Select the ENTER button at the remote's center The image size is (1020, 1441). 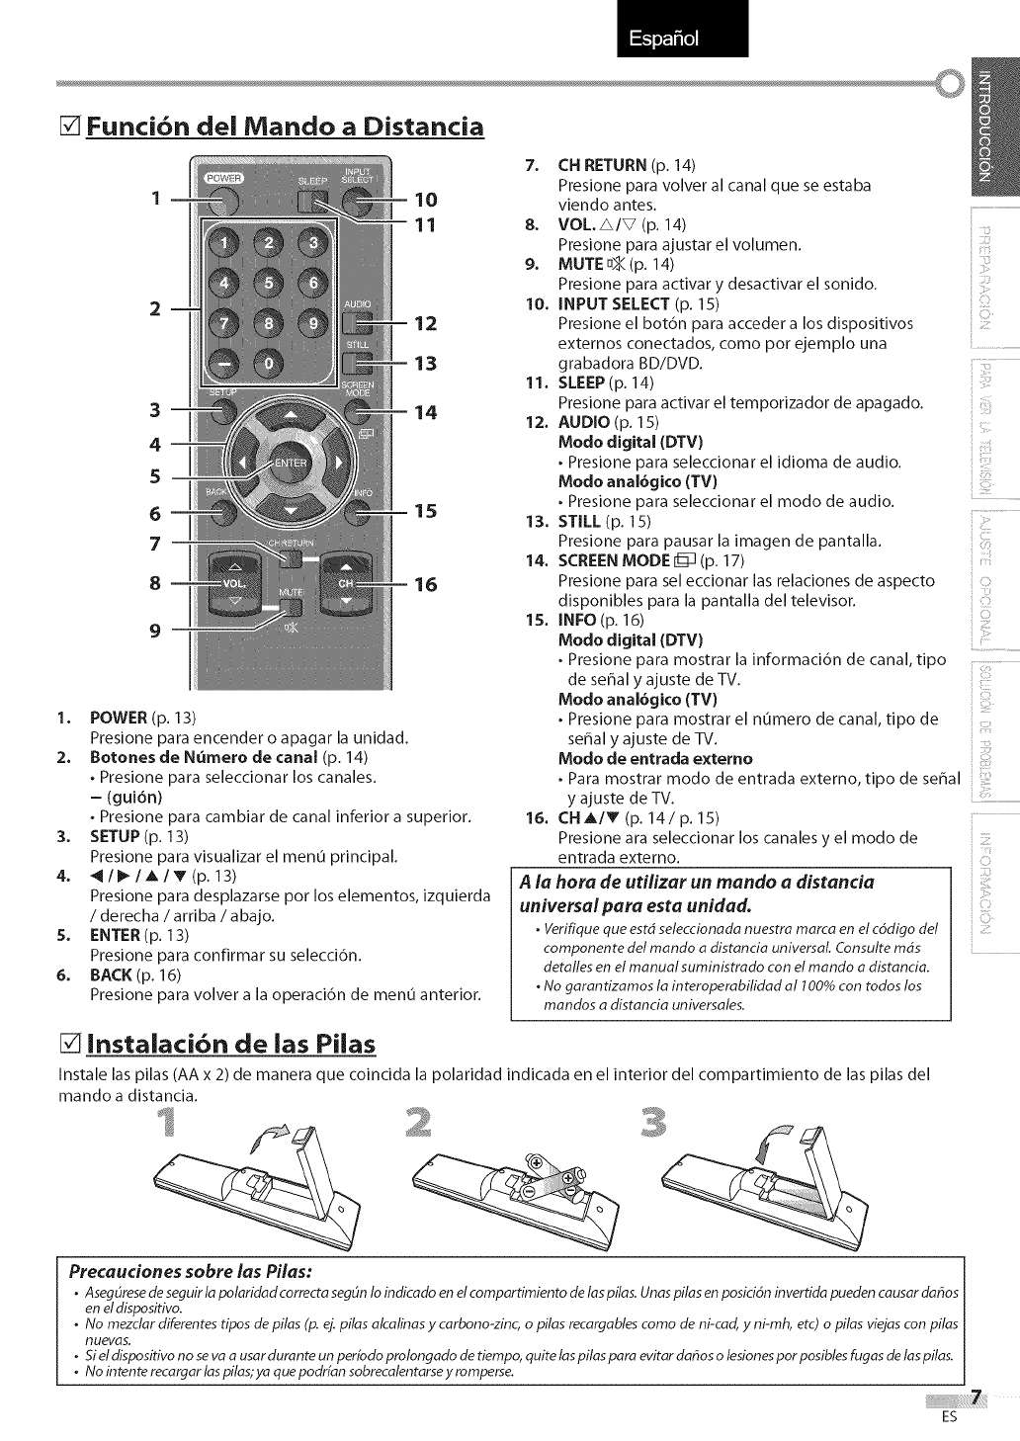tap(290, 463)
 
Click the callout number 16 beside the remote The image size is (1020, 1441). tap(425, 584)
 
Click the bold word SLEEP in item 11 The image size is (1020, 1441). tap(582, 382)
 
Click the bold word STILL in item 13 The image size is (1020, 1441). tap(579, 521)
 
